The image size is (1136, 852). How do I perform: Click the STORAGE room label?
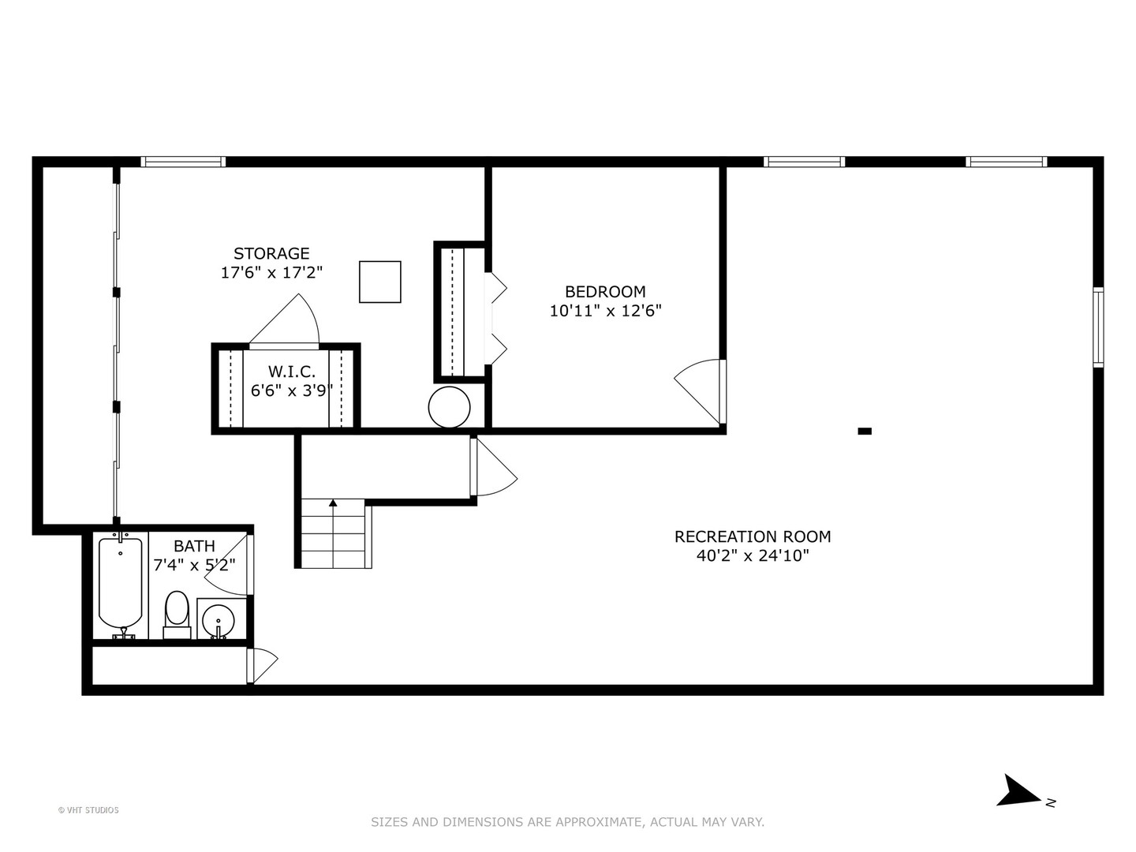click(271, 253)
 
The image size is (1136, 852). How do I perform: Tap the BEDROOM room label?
click(605, 291)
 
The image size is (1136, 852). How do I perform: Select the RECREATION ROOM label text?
click(753, 536)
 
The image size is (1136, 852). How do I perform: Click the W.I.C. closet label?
click(292, 371)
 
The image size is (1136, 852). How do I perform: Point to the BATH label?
click(194, 545)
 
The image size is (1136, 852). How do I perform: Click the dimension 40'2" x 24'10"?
click(753, 555)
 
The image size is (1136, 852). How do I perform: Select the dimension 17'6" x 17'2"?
click(271, 273)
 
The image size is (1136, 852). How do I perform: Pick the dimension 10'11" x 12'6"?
click(605, 311)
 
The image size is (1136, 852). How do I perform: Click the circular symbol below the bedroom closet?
click(449, 407)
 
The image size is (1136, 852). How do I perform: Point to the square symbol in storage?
click(380, 282)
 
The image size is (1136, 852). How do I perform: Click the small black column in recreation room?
click(865, 431)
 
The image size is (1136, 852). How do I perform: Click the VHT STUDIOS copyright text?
click(88, 810)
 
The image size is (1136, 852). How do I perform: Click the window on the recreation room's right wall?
click(1097, 327)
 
